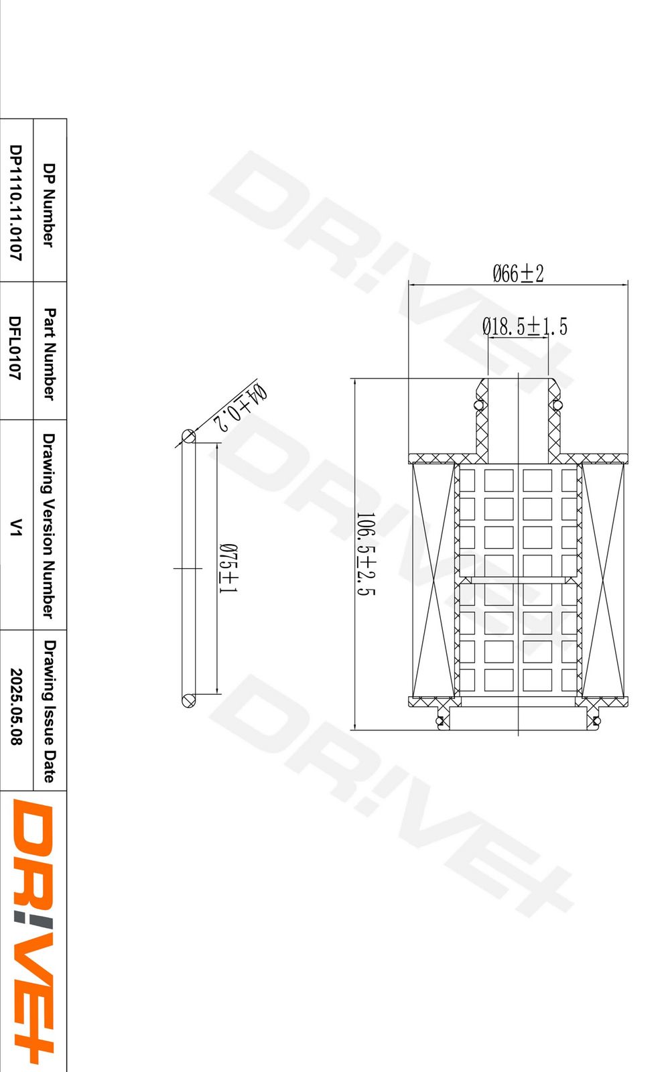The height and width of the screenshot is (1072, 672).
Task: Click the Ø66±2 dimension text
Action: click(518, 273)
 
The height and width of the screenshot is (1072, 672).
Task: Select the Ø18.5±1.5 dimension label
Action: click(525, 327)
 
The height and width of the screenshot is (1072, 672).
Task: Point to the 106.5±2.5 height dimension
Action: click(365, 554)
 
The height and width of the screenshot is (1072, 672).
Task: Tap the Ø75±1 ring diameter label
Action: click(228, 568)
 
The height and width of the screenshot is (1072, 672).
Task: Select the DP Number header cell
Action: click(49, 204)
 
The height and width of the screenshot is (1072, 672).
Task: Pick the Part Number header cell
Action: click(49, 354)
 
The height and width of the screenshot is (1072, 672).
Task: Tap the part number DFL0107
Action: click(15, 348)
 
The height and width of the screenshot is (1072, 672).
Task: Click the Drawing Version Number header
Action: click(49, 526)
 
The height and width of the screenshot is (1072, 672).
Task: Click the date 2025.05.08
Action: click(15, 707)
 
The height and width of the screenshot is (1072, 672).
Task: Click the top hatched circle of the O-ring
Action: click(189, 436)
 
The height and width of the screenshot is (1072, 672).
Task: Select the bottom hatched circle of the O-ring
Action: click(189, 701)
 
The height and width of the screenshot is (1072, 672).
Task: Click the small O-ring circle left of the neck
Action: click(478, 405)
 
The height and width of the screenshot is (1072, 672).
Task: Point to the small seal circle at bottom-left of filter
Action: click(440, 720)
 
